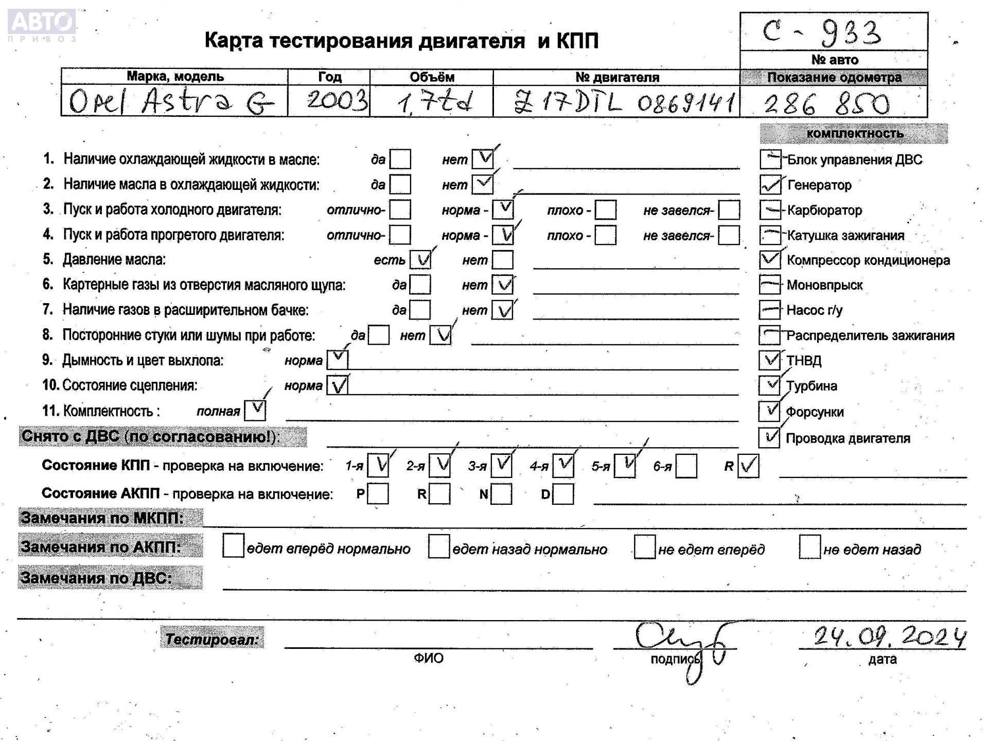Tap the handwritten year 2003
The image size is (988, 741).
coord(337,100)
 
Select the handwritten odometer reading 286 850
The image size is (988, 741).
coord(826,103)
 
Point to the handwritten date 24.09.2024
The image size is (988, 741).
coord(890,637)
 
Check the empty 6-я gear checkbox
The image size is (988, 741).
coord(686,466)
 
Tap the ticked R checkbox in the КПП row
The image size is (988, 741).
coord(748,466)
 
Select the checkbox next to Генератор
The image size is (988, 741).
coord(770,185)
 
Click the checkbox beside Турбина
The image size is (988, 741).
coord(769,385)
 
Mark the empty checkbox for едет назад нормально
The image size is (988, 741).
coord(438,546)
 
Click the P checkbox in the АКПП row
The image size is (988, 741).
coord(378,494)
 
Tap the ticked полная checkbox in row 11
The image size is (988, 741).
coord(255,410)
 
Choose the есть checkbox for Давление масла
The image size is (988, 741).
coord(420,260)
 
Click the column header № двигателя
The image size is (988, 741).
coord(617,77)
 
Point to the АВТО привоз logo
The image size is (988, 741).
coord(42,26)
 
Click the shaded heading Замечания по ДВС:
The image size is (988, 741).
coord(97,577)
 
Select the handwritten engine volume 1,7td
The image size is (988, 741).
coord(434,102)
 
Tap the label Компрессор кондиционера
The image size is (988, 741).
coord(868,260)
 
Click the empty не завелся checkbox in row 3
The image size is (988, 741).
coord(729,210)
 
